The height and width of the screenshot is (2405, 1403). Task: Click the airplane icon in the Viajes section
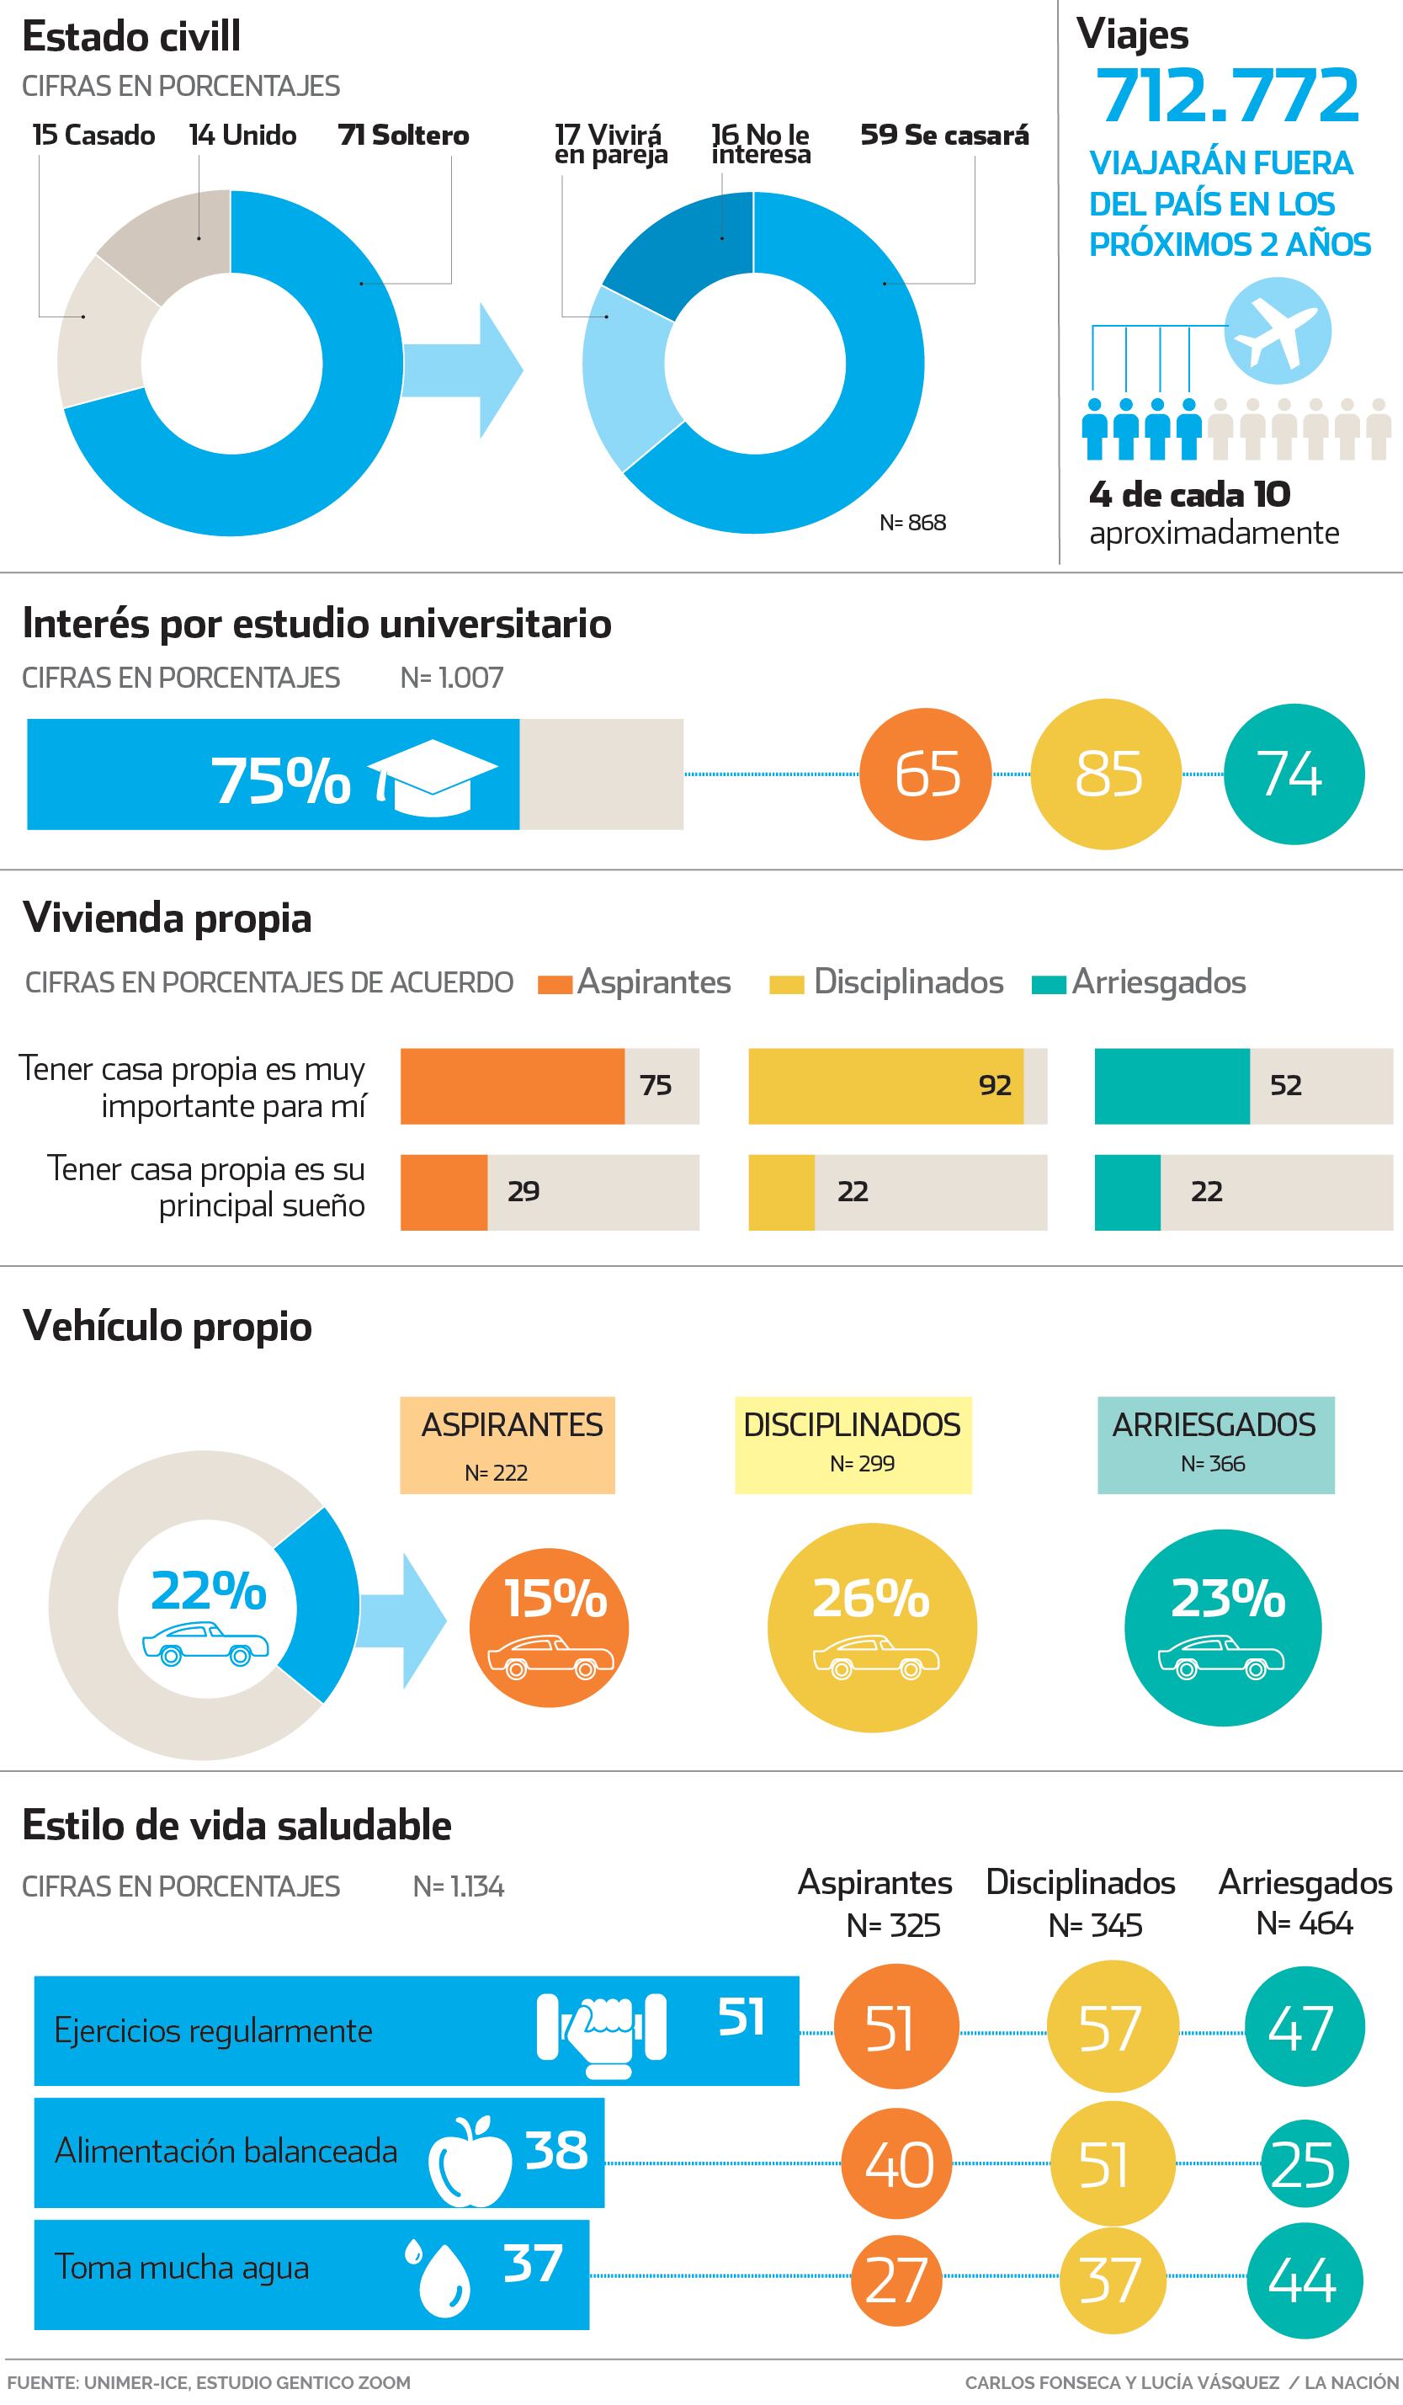(x=1277, y=331)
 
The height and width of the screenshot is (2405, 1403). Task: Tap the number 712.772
(x=1226, y=95)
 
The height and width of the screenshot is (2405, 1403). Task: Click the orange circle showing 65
(x=926, y=774)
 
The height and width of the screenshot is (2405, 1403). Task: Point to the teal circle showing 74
(x=1294, y=774)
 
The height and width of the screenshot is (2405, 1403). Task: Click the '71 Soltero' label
(x=403, y=136)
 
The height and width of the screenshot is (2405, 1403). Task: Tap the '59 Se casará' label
(x=944, y=136)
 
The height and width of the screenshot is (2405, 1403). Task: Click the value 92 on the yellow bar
(x=995, y=1085)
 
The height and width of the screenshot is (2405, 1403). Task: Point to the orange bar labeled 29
(x=444, y=1192)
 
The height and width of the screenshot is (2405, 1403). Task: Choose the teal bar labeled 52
(x=1172, y=1086)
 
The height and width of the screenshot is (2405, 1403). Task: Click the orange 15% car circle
(x=549, y=1626)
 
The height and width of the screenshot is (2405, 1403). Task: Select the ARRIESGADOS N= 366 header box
(x=1215, y=1444)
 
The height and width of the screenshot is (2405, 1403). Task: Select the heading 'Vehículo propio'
(x=167, y=1327)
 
